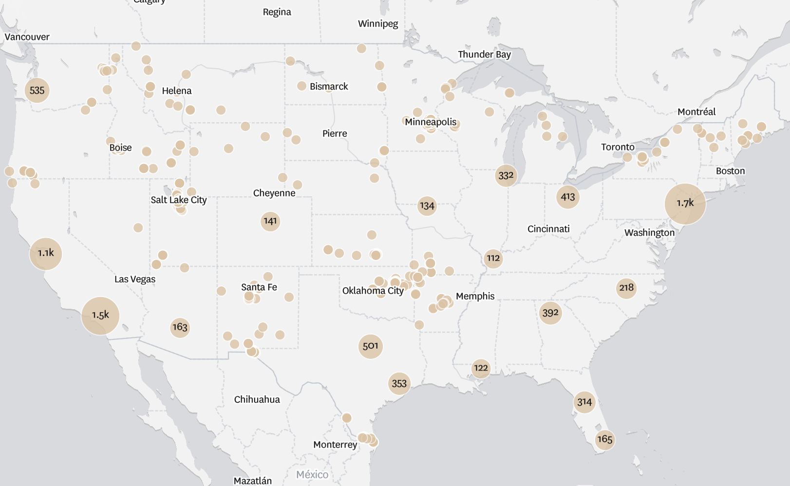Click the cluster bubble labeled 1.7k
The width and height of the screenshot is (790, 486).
pos(685,204)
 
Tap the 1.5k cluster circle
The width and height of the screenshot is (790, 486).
pos(100,316)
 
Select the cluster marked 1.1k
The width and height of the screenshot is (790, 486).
pos(46,253)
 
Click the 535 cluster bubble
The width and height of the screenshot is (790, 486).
pos(37,91)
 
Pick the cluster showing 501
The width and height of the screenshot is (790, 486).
pos(370,346)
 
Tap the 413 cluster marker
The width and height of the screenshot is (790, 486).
pos(567,197)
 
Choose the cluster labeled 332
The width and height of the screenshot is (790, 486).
pos(506,175)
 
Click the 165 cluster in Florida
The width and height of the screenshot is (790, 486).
pos(604,439)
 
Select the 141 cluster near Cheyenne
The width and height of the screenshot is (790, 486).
pos(270,222)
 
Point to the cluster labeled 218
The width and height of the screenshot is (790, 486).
pos(626,288)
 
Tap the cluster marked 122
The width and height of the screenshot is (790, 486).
pos(481,368)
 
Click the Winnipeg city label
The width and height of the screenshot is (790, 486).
pos(378,24)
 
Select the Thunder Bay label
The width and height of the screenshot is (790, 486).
pos(484,55)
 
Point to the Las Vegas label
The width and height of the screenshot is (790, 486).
pos(135,280)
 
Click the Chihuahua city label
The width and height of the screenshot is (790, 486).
pos(257,400)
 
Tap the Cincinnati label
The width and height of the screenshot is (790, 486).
pos(548,229)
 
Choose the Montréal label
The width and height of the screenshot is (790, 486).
pos(696,112)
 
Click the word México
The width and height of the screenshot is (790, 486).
pos(312,474)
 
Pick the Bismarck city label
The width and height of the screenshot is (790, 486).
pos(329,87)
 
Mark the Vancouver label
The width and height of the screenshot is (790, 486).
pos(27,37)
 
